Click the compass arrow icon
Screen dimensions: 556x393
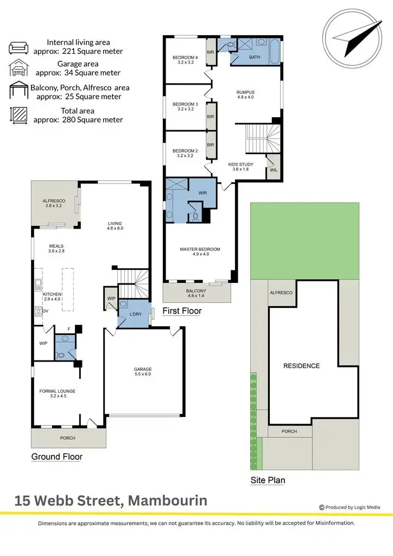[x=355, y=36]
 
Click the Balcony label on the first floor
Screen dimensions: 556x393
[x=197, y=291]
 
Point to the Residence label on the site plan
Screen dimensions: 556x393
[x=301, y=366]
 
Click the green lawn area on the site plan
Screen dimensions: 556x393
[x=304, y=239]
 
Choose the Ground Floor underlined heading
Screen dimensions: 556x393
[x=57, y=457]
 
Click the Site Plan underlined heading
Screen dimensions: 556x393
[x=268, y=480]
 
